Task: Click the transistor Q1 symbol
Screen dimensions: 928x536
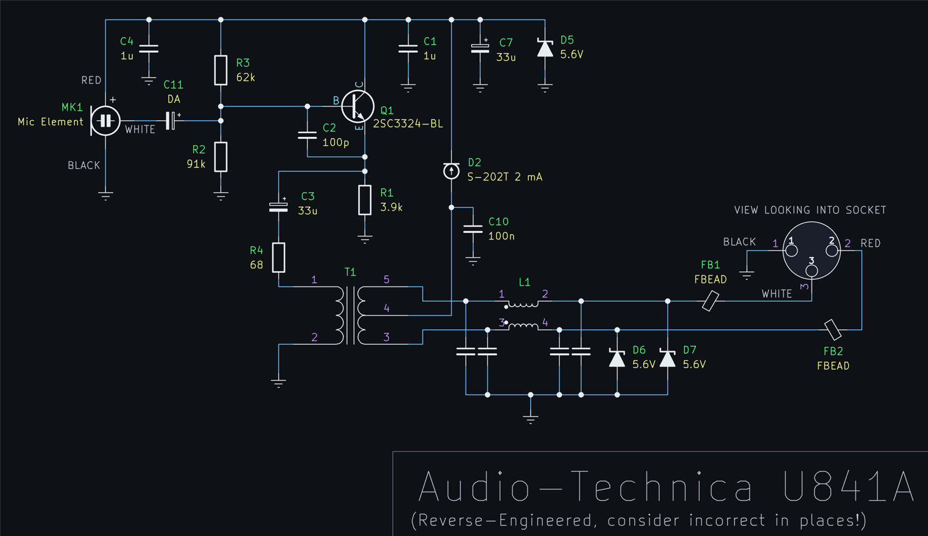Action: [x=358, y=106]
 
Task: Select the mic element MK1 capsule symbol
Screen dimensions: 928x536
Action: [x=105, y=121]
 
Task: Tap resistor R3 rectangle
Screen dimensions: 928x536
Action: [x=221, y=70]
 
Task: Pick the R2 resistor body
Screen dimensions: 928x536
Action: [x=221, y=157]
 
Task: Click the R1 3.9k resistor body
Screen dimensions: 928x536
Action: [x=365, y=200]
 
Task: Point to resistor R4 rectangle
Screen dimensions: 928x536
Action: [x=279, y=258]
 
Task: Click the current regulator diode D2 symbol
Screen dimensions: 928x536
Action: [x=451, y=171]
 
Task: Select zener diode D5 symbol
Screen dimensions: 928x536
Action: [x=545, y=48]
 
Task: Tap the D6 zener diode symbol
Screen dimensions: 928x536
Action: [x=617, y=358]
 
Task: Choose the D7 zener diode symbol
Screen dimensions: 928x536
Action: [x=668, y=358]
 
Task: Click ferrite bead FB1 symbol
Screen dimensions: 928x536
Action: [x=711, y=301]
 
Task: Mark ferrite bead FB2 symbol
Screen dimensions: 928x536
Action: [x=833, y=329]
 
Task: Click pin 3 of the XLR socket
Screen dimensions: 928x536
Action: [x=811, y=270]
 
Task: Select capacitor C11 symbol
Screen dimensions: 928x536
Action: [x=171, y=121]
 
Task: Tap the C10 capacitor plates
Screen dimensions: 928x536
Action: [x=473, y=229]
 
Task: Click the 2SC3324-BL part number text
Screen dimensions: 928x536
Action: [x=408, y=124]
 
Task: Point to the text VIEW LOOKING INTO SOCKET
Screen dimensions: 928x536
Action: [x=810, y=210]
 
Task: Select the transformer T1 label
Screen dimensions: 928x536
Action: [x=350, y=272]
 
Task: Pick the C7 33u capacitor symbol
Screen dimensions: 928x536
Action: [x=480, y=48]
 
